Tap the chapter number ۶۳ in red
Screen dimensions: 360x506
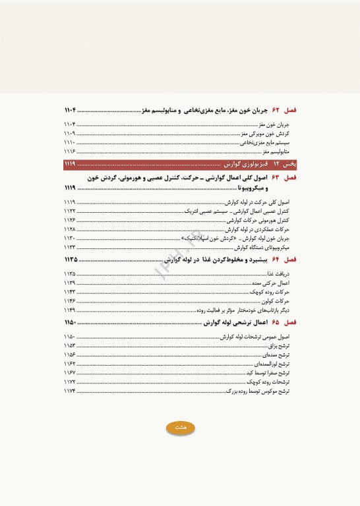coord(276,178)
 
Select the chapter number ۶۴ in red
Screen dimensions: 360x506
coord(276,260)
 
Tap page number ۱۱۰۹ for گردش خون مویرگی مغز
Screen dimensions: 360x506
coord(70,132)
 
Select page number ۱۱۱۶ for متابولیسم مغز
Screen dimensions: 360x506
coord(70,151)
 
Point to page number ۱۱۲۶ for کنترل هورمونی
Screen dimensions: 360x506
coord(70,220)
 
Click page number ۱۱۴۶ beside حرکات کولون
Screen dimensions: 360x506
coord(70,300)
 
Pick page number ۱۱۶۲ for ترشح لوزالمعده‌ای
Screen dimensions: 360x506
coord(70,364)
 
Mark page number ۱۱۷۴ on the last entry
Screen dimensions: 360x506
coord(70,391)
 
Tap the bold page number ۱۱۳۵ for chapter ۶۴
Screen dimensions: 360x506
coord(71,260)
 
